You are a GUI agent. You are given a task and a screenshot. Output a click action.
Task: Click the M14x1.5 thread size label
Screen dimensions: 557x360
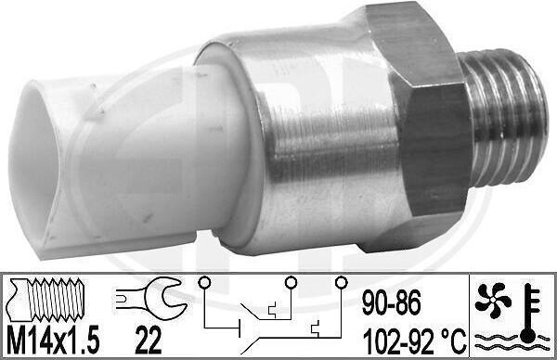click(53, 340)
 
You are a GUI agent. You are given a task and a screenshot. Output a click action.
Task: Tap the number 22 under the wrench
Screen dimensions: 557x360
click(149, 340)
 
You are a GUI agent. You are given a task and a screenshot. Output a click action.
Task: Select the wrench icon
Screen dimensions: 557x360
click(151, 298)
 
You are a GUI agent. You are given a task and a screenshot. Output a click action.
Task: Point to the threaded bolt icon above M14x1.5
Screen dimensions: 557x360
click(46, 299)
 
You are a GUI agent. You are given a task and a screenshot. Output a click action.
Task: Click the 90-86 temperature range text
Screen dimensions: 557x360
click(392, 302)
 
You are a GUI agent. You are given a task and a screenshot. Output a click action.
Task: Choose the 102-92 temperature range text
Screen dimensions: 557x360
click(398, 341)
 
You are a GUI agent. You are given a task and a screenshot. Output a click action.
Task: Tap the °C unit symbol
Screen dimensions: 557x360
click(454, 341)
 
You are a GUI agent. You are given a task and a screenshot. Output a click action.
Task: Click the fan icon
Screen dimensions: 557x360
click(493, 300)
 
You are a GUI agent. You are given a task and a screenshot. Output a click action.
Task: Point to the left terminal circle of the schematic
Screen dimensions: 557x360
click(204, 282)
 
